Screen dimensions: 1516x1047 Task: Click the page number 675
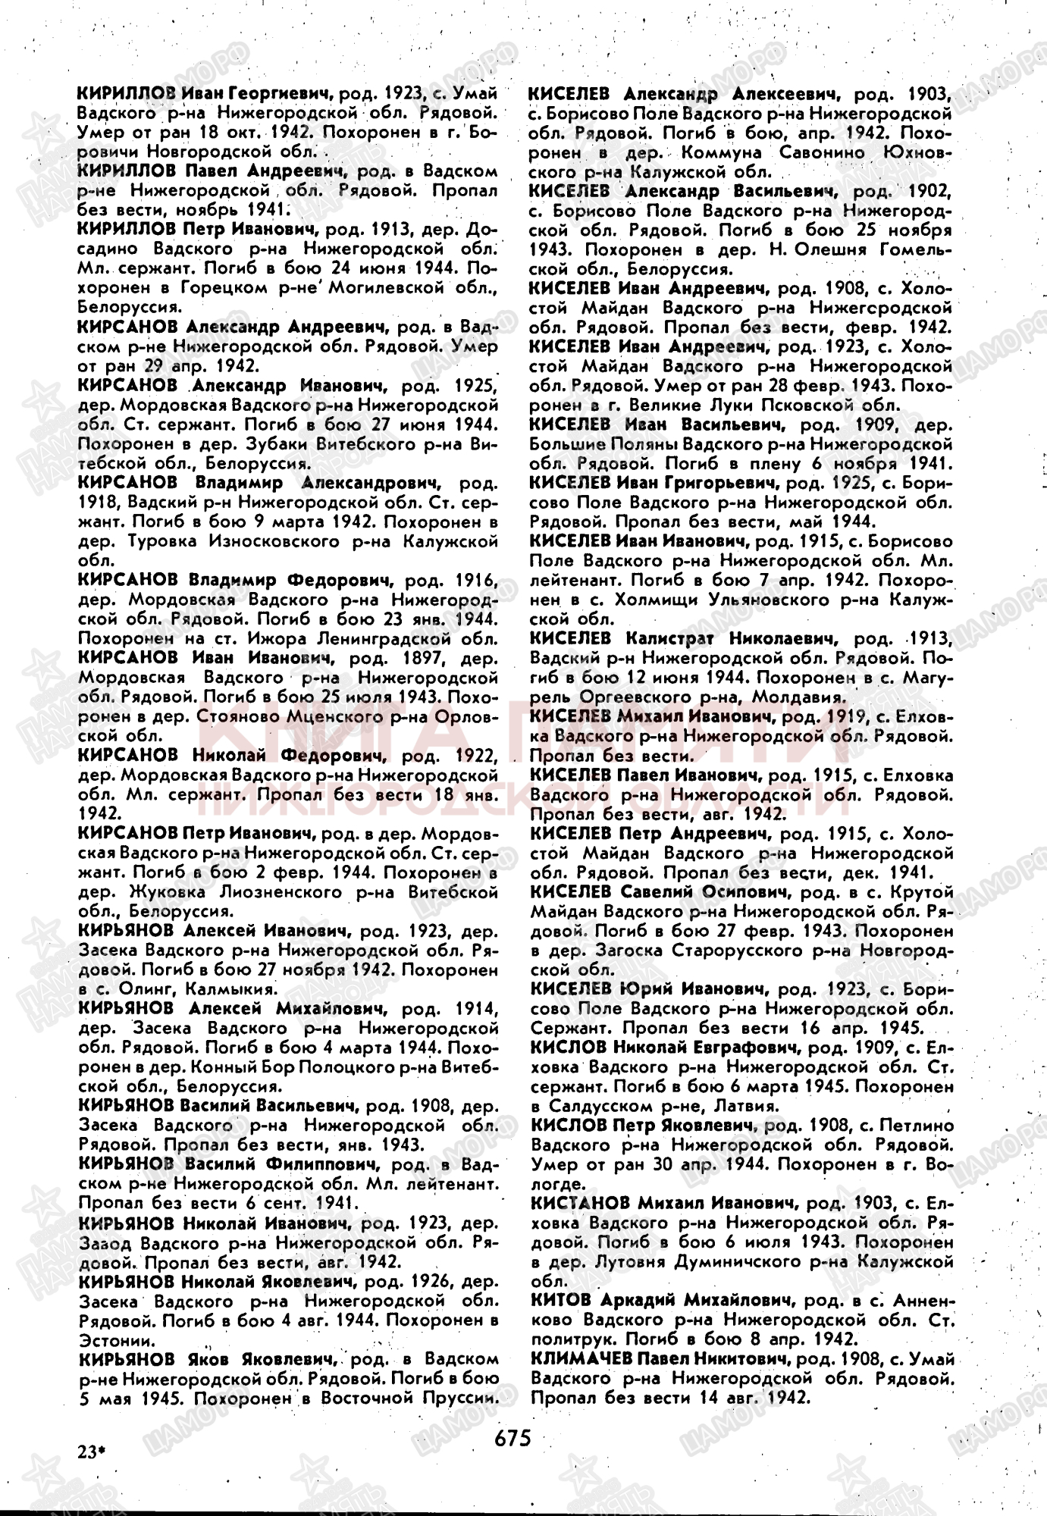coord(513,1436)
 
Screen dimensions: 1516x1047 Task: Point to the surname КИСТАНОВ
coord(580,1203)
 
